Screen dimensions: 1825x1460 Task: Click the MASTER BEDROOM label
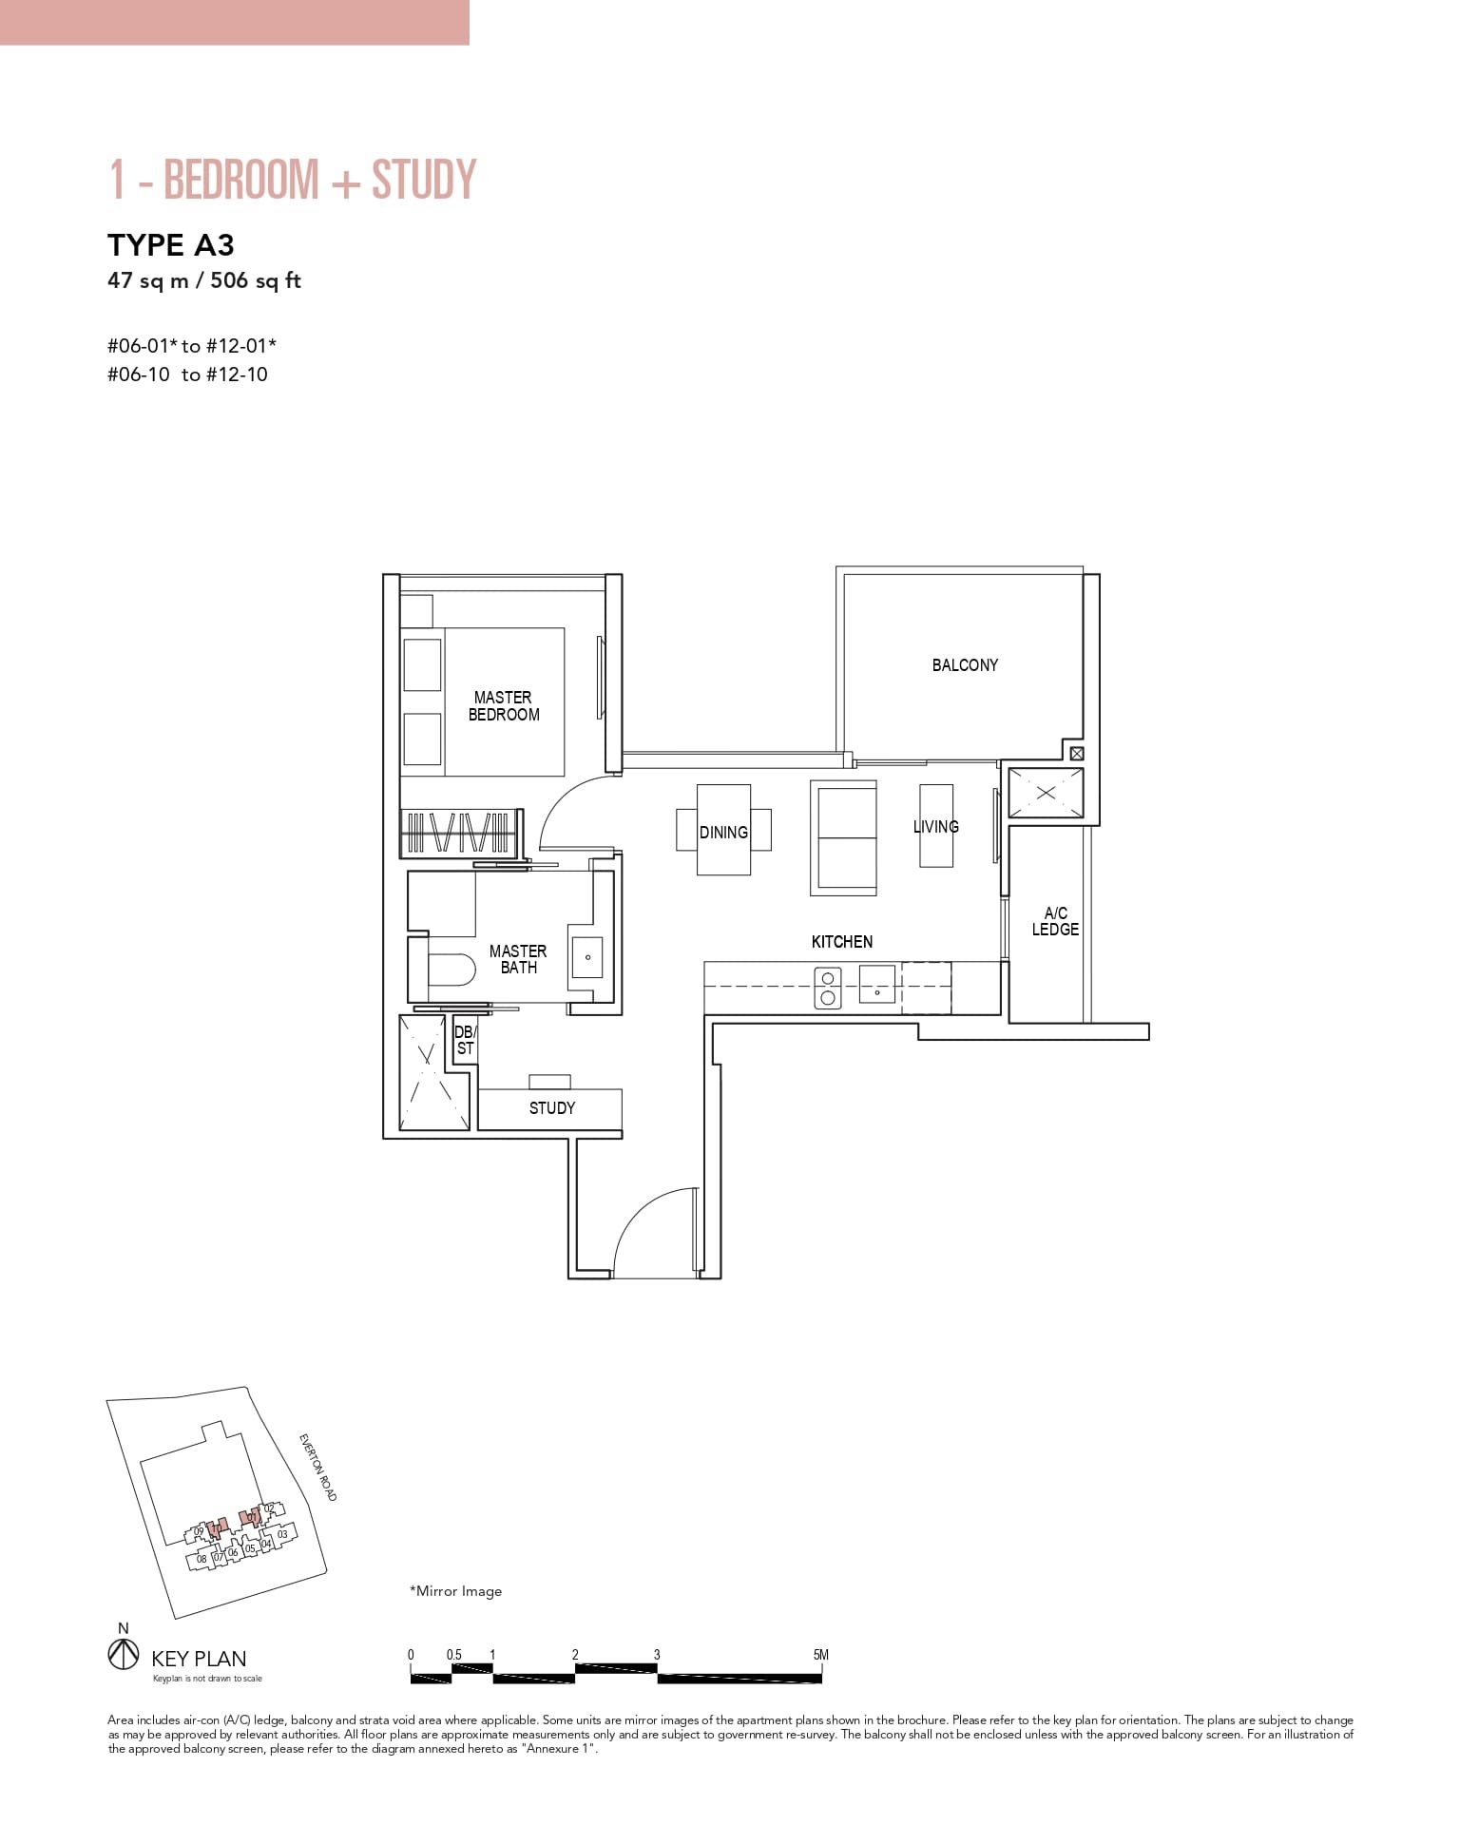(504, 706)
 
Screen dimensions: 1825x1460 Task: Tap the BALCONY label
(965, 665)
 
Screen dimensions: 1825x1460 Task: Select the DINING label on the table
(723, 833)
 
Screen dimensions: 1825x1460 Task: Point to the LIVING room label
(935, 827)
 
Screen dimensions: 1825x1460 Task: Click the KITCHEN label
(841, 942)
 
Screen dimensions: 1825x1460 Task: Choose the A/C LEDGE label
(1055, 922)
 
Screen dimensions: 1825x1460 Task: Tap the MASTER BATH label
(518, 959)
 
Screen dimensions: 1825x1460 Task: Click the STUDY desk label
(551, 1108)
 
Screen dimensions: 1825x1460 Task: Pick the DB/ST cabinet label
(465, 1040)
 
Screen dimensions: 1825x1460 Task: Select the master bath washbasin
(587, 957)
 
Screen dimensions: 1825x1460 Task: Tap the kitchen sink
(876, 985)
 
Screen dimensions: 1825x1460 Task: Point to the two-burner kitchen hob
(828, 988)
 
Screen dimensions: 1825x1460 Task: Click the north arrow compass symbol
(124, 1655)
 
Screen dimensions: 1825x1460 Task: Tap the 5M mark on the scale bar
(821, 1655)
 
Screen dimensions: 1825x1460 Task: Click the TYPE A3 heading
(171, 245)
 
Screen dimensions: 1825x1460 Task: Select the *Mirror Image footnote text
(455, 1591)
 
